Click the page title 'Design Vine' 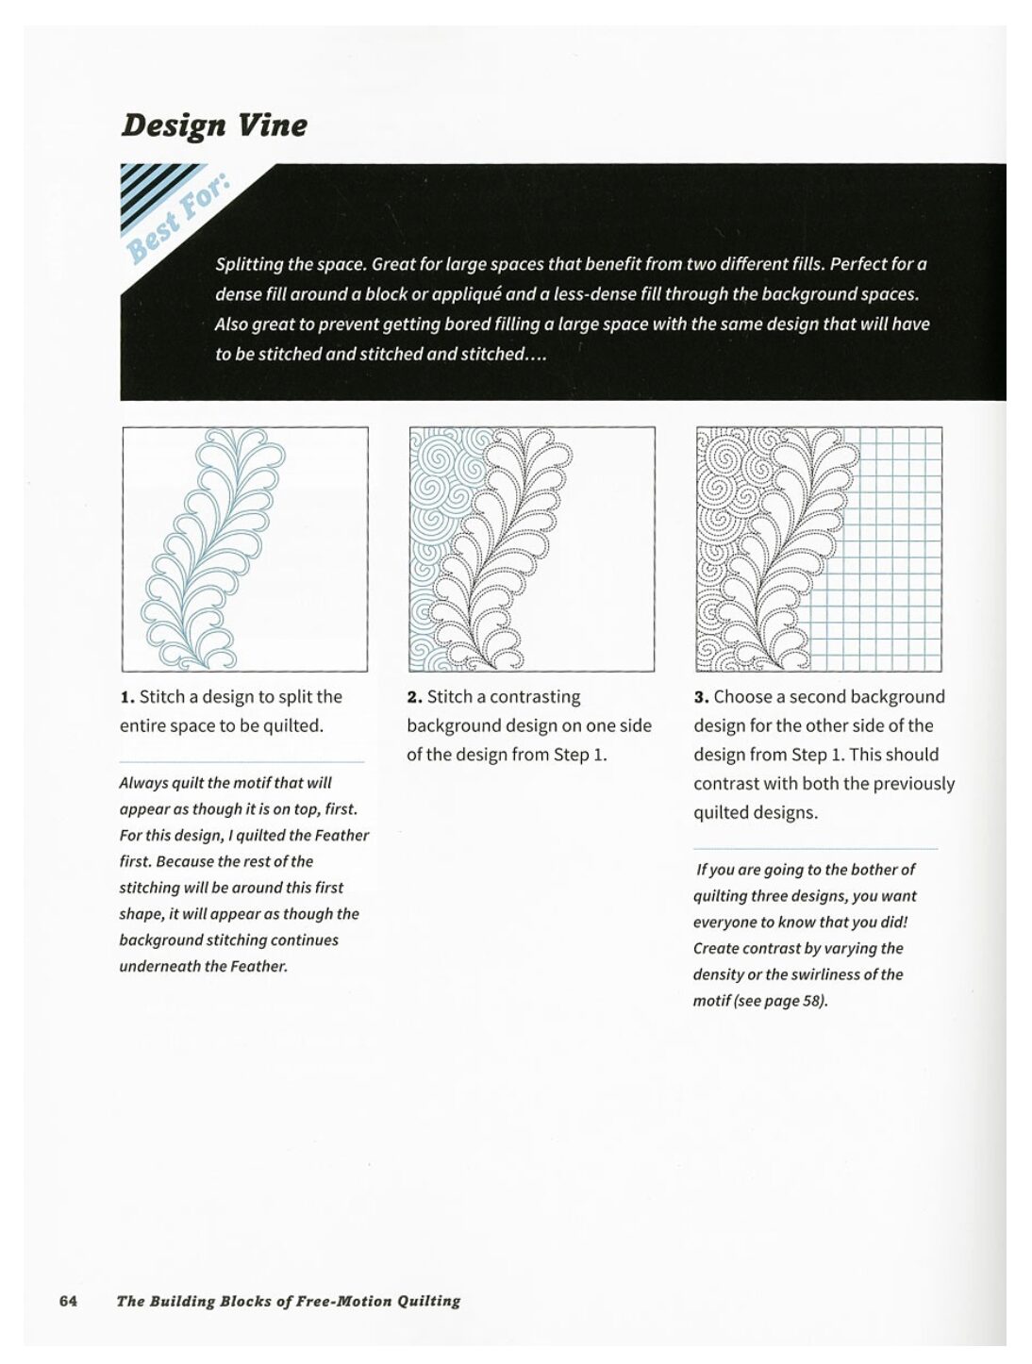click(x=214, y=125)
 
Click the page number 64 click(x=68, y=1301)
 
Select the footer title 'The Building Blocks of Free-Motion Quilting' click(x=288, y=1301)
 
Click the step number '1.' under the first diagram click(x=127, y=697)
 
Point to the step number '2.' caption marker click(x=414, y=697)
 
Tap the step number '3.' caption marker click(x=701, y=697)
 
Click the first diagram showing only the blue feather click(x=245, y=549)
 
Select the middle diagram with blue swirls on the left click(x=532, y=549)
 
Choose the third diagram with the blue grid click(x=819, y=549)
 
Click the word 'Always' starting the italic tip click(x=143, y=783)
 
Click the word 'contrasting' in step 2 click(x=536, y=697)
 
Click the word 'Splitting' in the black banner click(x=249, y=264)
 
